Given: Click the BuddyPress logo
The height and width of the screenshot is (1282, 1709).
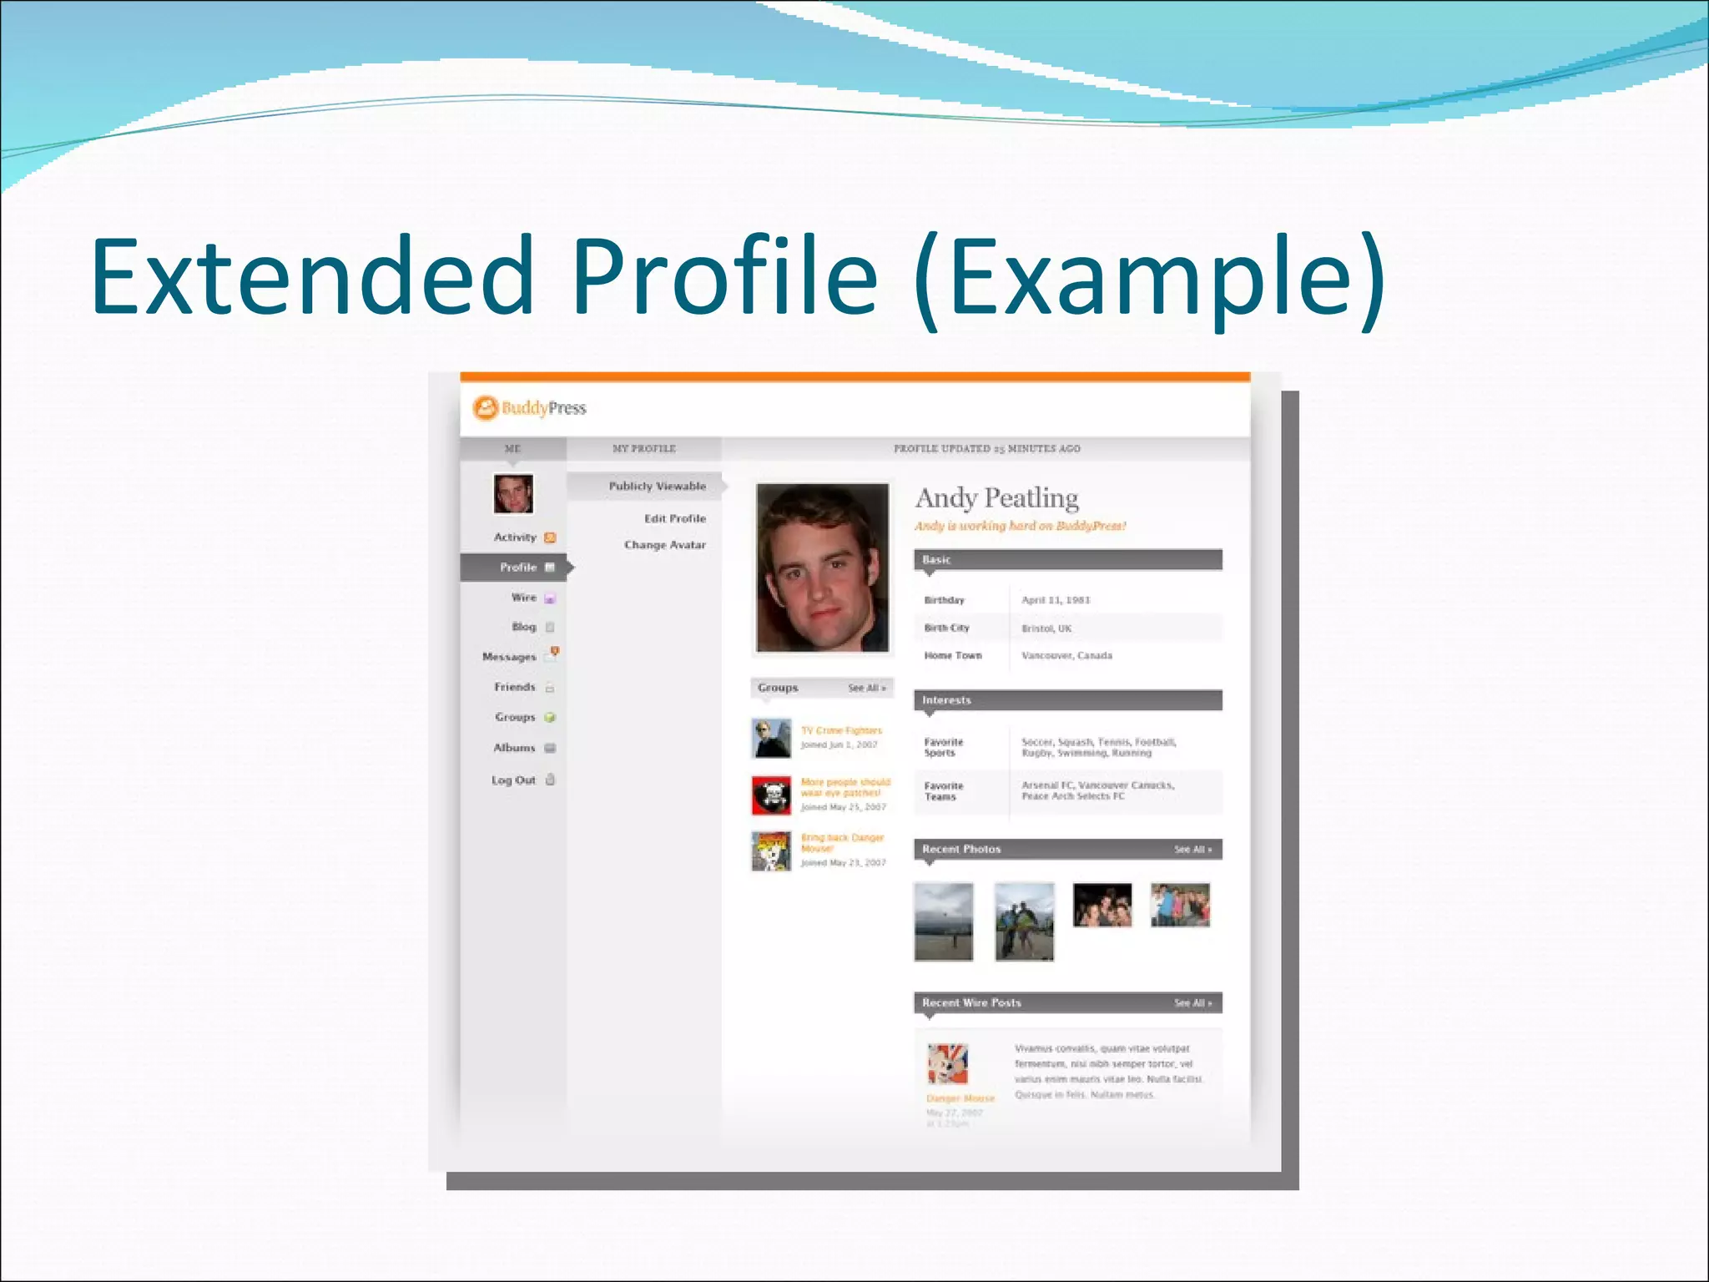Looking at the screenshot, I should (529, 408).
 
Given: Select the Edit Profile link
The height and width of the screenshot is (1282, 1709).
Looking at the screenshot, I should (674, 518).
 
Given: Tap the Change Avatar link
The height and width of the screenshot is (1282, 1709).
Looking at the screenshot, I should (664, 545).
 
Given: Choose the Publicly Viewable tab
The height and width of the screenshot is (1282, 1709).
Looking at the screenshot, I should (657, 486).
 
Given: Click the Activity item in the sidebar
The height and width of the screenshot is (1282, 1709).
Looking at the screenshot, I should (515, 538).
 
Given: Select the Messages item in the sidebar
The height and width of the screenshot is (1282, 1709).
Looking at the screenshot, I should (509, 657).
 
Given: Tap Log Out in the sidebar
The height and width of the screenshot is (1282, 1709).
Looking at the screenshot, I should (513, 780).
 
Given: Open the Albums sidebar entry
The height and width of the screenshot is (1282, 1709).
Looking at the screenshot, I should (514, 748).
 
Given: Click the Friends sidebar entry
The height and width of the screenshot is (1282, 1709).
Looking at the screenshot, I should (514, 687).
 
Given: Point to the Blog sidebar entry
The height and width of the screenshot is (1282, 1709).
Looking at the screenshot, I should (523, 627).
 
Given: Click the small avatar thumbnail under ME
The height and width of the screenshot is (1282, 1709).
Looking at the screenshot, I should (513, 494).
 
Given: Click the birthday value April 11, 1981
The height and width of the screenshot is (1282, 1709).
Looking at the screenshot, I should (1056, 600).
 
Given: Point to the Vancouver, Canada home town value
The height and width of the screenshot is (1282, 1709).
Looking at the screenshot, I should (1066, 656).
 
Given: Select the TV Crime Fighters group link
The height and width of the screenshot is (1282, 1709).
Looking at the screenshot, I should (841, 730).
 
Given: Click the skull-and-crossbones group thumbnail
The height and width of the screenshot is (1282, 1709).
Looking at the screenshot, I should (771, 795).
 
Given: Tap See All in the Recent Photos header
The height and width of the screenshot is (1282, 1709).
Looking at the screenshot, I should (1192, 850).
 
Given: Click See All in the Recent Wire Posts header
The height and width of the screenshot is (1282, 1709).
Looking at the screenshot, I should (1192, 1003).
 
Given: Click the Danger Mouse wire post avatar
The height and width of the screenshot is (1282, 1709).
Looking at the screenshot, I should (948, 1063).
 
